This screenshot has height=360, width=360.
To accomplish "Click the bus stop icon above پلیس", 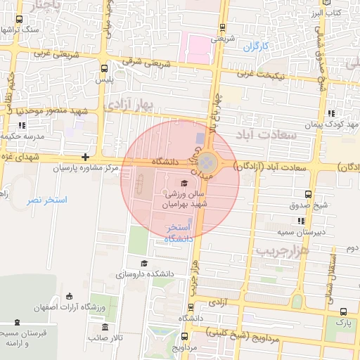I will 105,69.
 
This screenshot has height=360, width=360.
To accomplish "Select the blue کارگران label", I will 257,47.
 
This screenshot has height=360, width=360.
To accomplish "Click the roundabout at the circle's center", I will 204,162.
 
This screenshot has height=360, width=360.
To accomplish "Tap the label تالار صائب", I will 105,338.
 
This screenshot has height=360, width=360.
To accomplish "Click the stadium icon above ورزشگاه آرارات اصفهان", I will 68,296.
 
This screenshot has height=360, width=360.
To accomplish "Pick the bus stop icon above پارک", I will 342,311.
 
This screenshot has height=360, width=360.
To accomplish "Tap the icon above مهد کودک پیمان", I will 330,114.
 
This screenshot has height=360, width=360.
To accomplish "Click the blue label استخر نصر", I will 47,200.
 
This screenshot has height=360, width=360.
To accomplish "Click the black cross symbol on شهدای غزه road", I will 85,157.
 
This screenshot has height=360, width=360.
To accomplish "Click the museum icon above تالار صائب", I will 105,328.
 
